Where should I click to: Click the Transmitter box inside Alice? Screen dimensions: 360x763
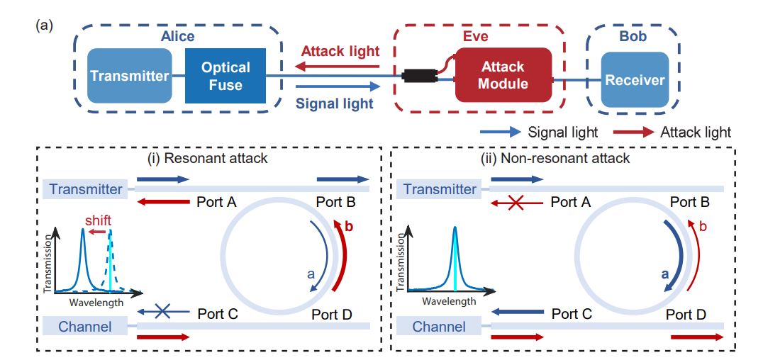click(129, 77)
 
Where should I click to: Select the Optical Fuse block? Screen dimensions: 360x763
click(225, 76)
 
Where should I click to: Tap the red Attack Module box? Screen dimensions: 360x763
click(503, 75)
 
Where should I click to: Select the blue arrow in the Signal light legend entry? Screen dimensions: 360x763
click(501, 132)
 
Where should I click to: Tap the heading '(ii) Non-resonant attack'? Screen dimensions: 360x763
click(564, 158)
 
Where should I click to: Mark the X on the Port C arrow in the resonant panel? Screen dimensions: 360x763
click(162, 313)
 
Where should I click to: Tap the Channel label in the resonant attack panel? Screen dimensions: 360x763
click(85, 327)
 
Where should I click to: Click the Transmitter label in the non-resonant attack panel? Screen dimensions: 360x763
click(440, 189)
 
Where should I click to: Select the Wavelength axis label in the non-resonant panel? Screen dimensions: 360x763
click(449, 301)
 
